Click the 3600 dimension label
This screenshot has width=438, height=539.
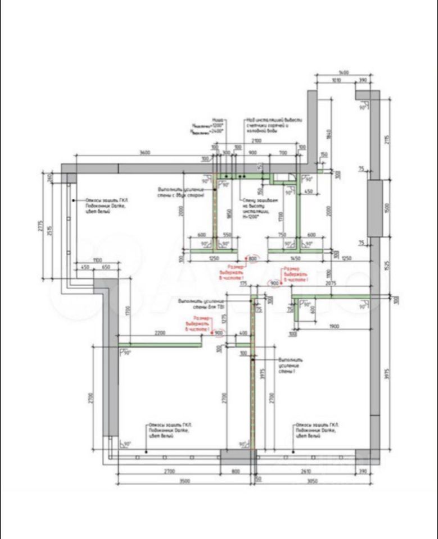pos(145,153)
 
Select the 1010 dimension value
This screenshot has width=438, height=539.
pos(336,81)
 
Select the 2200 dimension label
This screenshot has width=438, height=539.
pos(160,334)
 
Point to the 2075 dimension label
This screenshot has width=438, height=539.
pos(330,284)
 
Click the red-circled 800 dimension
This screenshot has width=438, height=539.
pos(252,258)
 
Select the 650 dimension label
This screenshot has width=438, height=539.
pos(105,267)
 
